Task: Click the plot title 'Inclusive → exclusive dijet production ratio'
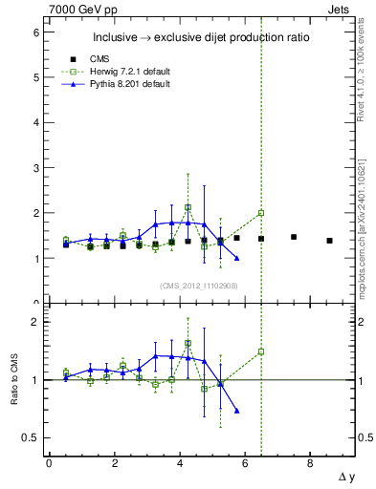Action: [x=200, y=38]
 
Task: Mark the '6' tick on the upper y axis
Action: [x=35, y=32]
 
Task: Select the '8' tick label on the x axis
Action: [x=310, y=462]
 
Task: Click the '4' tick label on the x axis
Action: [x=180, y=462]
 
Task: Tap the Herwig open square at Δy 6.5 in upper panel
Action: [x=261, y=213]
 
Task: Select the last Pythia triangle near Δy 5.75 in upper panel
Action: [x=236, y=258]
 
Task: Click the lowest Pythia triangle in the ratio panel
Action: [x=236, y=411]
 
